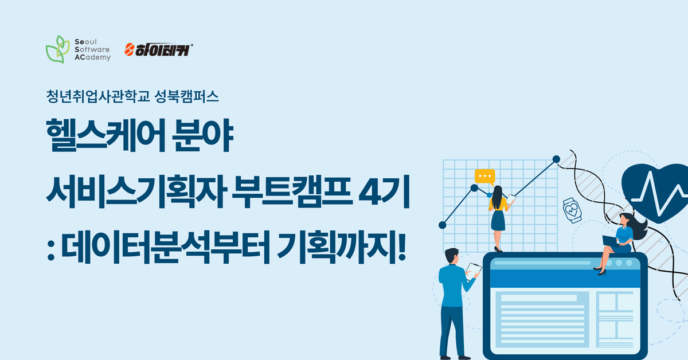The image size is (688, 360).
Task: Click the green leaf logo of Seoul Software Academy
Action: click(57, 49)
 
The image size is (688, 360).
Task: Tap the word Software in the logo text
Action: click(92, 49)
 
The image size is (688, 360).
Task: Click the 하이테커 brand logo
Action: click(159, 49)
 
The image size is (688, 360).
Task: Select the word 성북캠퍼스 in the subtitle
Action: click(186, 97)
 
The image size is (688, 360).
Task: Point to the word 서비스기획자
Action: click(136, 191)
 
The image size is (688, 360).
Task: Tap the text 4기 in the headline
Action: click(384, 191)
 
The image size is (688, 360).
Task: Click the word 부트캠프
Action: click(292, 191)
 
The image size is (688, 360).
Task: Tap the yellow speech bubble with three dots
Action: click(484, 177)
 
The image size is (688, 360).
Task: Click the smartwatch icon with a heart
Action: click(572, 210)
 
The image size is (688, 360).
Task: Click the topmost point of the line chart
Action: click(556, 159)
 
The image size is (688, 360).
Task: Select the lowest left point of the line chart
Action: click(442, 225)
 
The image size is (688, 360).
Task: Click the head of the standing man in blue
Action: click(452, 256)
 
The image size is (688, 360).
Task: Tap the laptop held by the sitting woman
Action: click(611, 241)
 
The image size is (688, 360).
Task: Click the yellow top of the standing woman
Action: click(498, 204)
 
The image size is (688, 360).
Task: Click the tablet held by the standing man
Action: click(473, 271)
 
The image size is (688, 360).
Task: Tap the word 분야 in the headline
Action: click(203, 135)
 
